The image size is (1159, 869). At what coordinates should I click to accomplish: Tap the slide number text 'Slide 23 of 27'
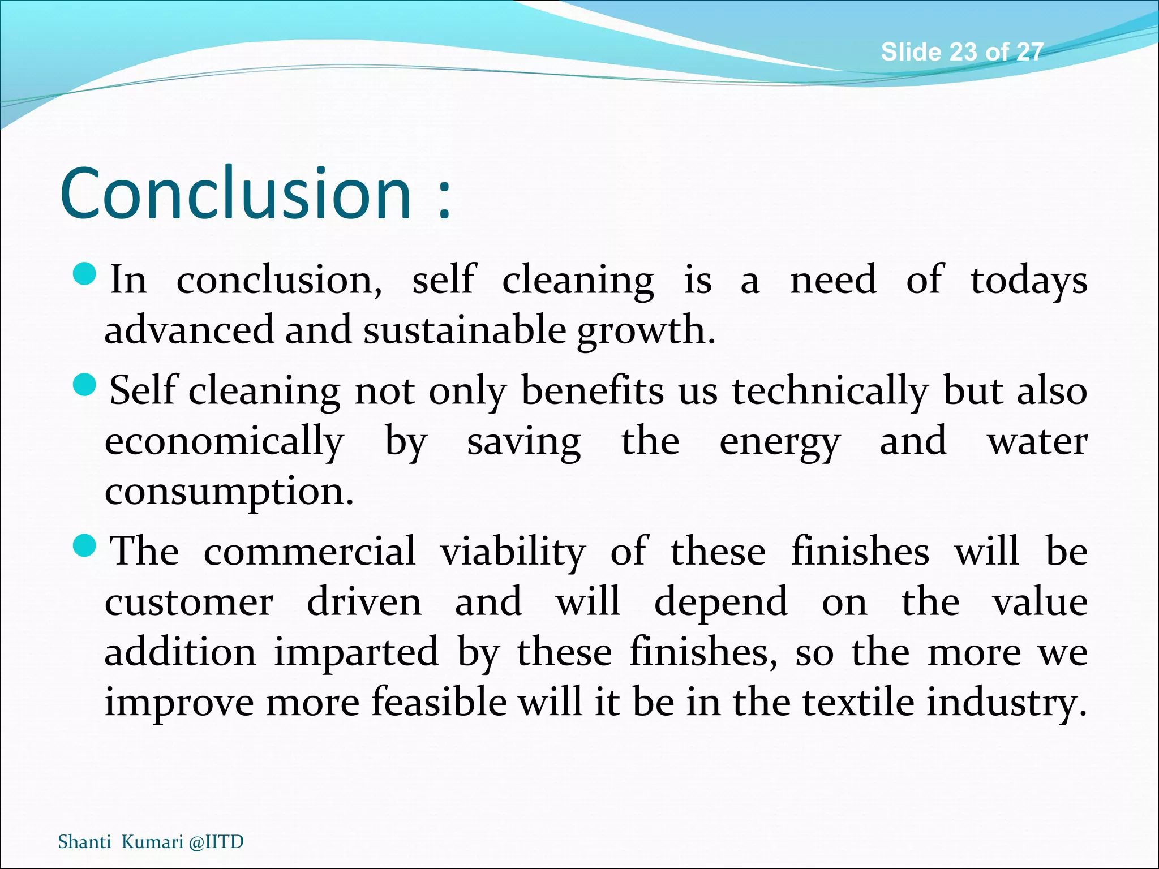(961, 52)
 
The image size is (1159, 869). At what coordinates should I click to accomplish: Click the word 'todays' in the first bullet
(1028, 280)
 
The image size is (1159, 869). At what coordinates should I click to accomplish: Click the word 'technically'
(830, 390)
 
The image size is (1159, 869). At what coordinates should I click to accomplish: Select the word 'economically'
(224, 441)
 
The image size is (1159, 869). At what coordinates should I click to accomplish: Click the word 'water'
(1037, 441)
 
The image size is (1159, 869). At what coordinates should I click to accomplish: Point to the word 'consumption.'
(229, 491)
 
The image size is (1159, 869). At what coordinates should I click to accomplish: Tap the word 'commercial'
(310, 551)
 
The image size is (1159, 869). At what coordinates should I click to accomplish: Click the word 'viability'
(513, 552)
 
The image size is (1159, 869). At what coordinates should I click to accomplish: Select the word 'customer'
(189, 602)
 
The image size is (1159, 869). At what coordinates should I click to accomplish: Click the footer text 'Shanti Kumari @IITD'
(151, 842)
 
